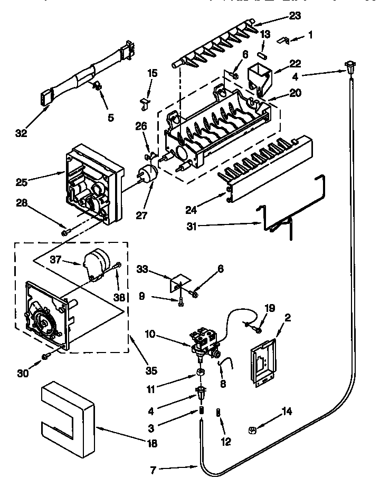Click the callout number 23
tap(294, 15)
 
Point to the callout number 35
tap(151, 370)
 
